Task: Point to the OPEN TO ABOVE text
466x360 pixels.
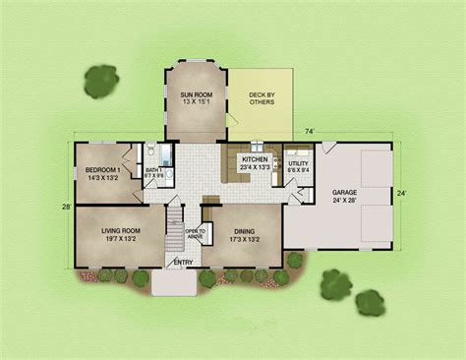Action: click(x=195, y=235)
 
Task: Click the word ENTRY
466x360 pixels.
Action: click(x=183, y=262)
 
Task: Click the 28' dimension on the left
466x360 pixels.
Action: click(x=66, y=207)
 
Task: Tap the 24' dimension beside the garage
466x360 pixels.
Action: click(x=401, y=194)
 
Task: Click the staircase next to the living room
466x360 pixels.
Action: click(x=174, y=232)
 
